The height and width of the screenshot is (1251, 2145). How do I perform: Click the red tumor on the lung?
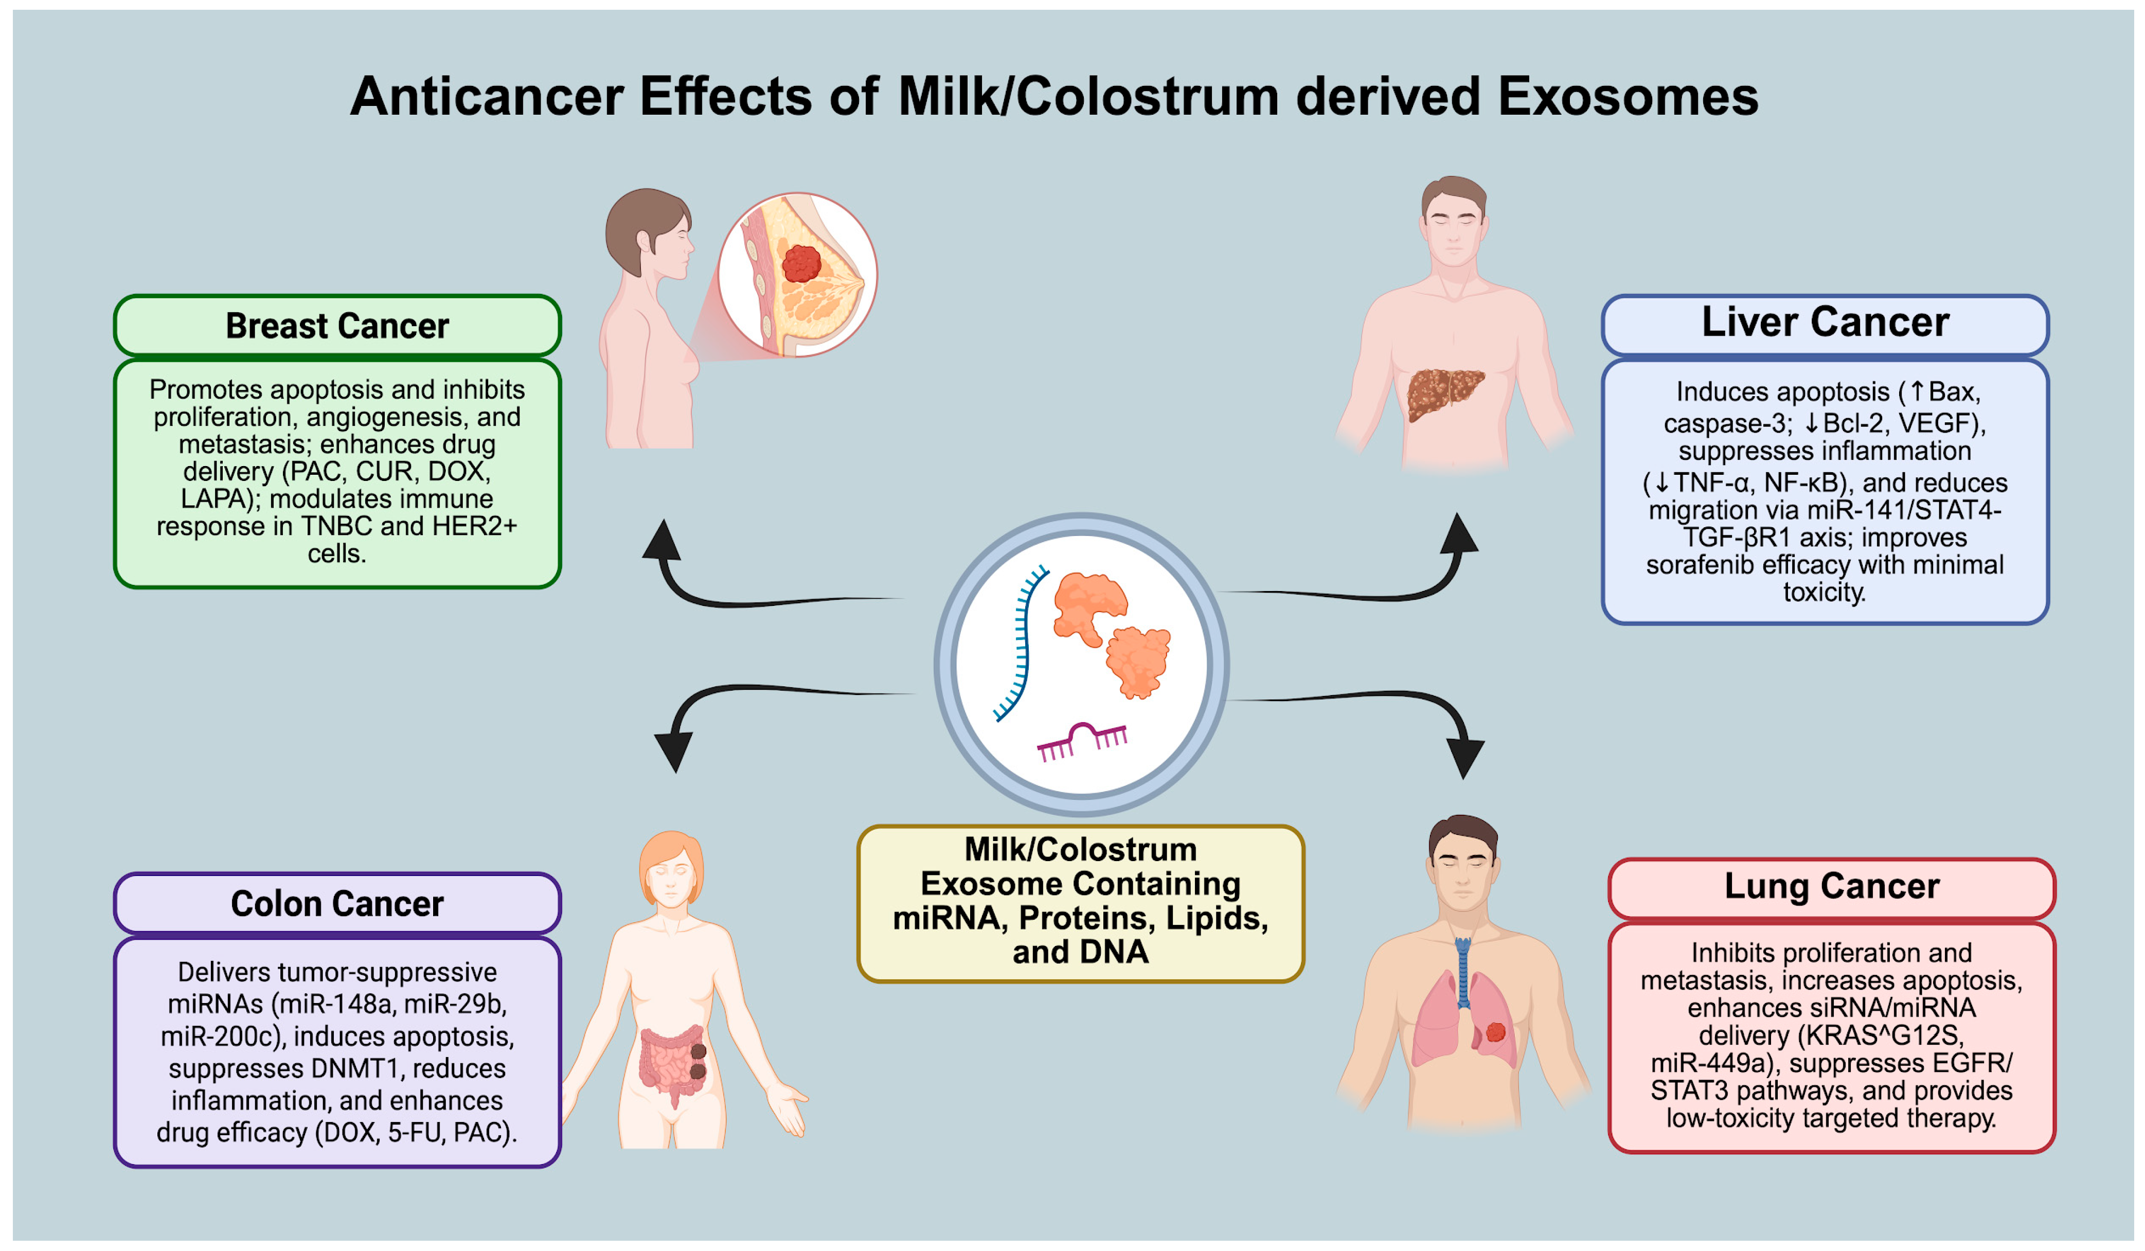(1495, 1032)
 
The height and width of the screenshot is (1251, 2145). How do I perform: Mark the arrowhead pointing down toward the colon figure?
(674, 752)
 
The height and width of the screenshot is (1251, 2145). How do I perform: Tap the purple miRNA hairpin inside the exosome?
(1081, 739)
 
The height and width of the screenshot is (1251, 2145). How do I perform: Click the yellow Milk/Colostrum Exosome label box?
(1080, 903)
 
